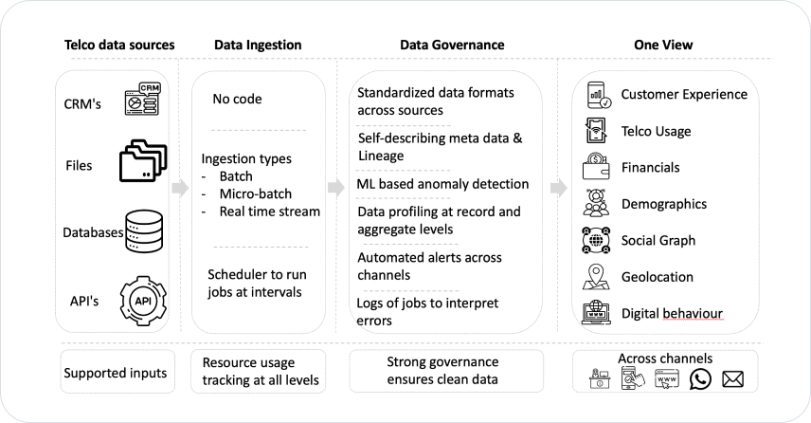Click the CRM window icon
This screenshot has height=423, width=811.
coord(142,99)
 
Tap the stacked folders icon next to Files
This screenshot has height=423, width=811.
coord(143,160)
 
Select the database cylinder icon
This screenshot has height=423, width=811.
coord(144,230)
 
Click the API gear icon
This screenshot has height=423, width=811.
coord(143,301)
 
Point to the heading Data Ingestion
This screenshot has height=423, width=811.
coord(258,45)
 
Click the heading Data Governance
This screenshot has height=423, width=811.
coord(452,45)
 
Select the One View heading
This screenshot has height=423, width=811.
coord(663,45)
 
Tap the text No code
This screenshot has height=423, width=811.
coord(237,99)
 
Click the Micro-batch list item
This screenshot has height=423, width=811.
coord(256,193)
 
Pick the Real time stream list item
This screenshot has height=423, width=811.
coord(269,211)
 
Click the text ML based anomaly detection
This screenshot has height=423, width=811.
coord(442,184)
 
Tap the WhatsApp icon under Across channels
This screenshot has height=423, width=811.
coord(700,379)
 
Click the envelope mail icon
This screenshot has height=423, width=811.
coord(732,379)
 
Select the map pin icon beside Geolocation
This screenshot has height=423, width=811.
coord(596,277)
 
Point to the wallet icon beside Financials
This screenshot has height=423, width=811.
coord(596,166)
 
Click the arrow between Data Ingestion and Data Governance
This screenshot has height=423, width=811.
coord(336,188)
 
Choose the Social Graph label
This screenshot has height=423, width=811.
coord(658,241)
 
